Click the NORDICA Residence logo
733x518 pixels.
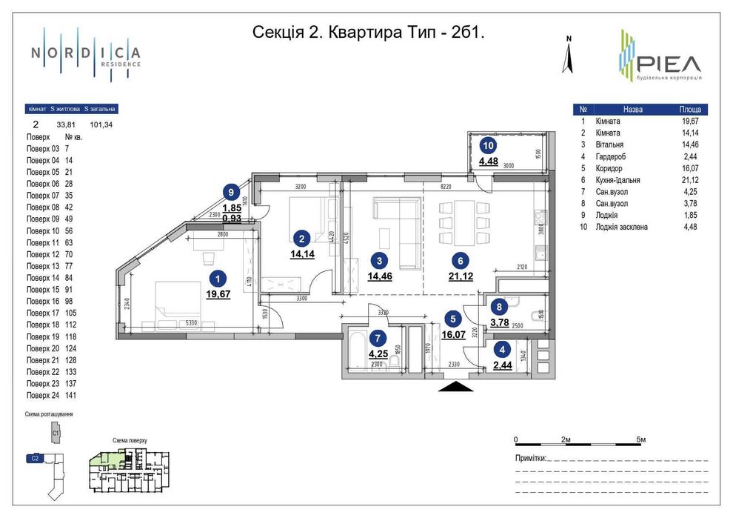(x=85, y=54)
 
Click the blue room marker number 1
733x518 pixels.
(x=218, y=279)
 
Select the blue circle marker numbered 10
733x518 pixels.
(x=488, y=146)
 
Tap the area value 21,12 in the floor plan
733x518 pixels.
(x=460, y=276)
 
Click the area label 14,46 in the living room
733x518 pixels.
(x=380, y=276)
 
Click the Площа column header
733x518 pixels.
(x=690, y=109)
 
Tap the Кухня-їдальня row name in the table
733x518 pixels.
(x=622, y=180)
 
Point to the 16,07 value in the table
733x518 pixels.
(x=691, y=168)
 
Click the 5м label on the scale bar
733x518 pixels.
(x=641, y=440)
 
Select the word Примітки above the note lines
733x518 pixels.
(x=530, y=458)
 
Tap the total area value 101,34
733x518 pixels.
(x=101, y=125)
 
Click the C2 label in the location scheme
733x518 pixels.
(x=35, y=459)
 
